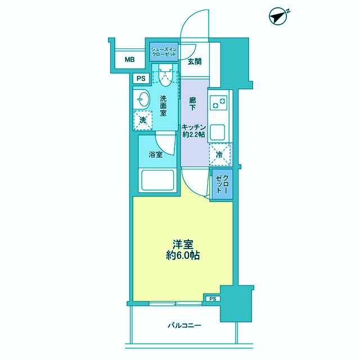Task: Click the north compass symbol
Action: (x=278, y=16)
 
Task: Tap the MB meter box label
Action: (x=130, y=60)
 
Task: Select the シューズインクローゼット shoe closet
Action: (x=164, y=52)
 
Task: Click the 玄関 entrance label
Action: (x=195, y=61)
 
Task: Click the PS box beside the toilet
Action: (x=141, y=79)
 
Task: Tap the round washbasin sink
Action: (x=143, y=100)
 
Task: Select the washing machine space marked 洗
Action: (x=143, y=120)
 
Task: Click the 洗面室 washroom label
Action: (x=163, y=106)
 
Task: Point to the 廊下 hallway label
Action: (x=192, y=103)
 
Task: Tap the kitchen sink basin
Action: (x=218, y=132)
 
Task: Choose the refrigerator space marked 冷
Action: (x=219, y=155)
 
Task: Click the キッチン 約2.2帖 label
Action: (x=193, y=130)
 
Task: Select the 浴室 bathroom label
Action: (x=156, y=155)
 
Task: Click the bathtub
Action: (x=157, y=180)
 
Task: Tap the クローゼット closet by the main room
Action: (x=222, y=184)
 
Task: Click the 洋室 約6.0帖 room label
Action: (x=183, y=250)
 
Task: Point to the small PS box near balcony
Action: (x=213, y=299)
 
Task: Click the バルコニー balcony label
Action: (x=184, y=325)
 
